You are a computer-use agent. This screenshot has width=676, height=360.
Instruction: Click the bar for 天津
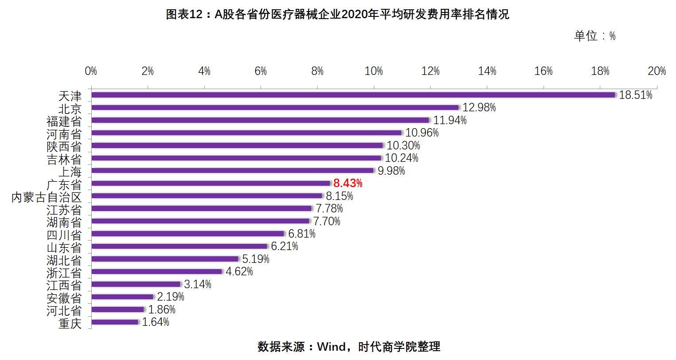[353, 95]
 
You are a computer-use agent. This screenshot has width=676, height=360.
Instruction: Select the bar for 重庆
[115, 322]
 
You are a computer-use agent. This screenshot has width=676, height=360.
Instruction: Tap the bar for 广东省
[211, 183]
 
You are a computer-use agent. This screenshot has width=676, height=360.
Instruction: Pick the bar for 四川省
[188, 234]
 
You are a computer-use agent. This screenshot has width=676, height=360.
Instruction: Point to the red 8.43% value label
[348, 183]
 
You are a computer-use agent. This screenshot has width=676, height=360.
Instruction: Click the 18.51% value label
[635, 95]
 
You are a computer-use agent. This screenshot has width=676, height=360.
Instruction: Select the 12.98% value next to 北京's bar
[479, 108]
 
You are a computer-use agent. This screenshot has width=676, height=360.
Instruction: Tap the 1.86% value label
[162, 309]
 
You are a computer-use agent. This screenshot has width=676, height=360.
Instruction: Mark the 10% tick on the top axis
[374, 71]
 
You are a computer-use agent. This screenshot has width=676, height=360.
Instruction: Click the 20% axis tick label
[656, 71]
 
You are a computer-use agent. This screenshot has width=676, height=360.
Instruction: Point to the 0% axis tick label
[91, 71]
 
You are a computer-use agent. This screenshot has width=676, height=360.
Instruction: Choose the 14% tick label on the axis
[487, 71]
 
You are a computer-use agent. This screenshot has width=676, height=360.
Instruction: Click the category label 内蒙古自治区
[47, 197]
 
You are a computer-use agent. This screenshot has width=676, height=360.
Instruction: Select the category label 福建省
[64, 121]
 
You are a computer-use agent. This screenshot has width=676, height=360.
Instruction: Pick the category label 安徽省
[64, 298]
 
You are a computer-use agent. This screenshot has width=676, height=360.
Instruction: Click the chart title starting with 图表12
[337, 15]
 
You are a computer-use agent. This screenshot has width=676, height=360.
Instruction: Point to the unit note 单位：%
[594, 36]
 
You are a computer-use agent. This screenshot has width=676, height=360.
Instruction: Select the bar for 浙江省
[157, 271]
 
